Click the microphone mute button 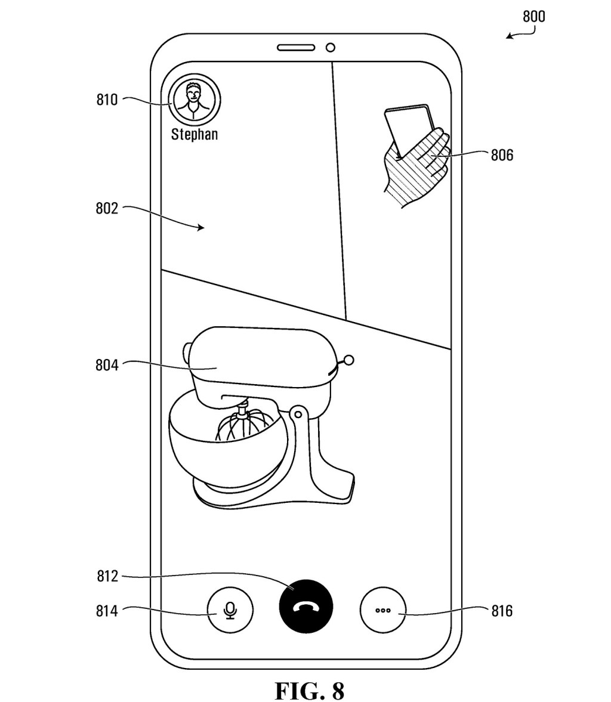pos(230,611)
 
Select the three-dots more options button pos(382,611)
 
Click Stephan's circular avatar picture pos(195,101)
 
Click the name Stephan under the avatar pos(195,134)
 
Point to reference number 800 pos(533,17)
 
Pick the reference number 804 pos(107,364)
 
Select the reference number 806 pos(502,156)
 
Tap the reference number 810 pos(107,99)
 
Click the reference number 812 pos(107,576)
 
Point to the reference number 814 pos(107,611)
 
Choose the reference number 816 pos(502,611)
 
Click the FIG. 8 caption pos(309,675)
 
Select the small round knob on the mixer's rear pos(349,360)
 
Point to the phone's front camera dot pos(330,47)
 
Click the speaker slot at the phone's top pos(296,47)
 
